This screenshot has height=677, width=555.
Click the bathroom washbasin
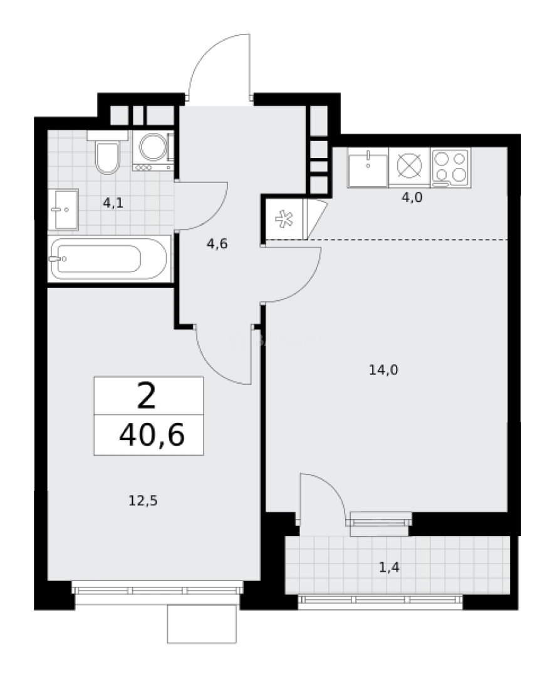[63, 209]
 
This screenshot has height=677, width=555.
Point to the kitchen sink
[368, 166]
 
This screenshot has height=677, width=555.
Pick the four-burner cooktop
[450, 167]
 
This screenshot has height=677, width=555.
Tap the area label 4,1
[113, 202]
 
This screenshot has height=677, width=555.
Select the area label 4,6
[217, 244]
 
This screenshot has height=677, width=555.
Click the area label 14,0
[384, 370]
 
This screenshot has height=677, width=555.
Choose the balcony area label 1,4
[389, 568]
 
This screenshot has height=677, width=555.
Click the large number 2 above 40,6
[146, 396]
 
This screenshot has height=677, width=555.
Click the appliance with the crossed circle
[409, 167]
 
